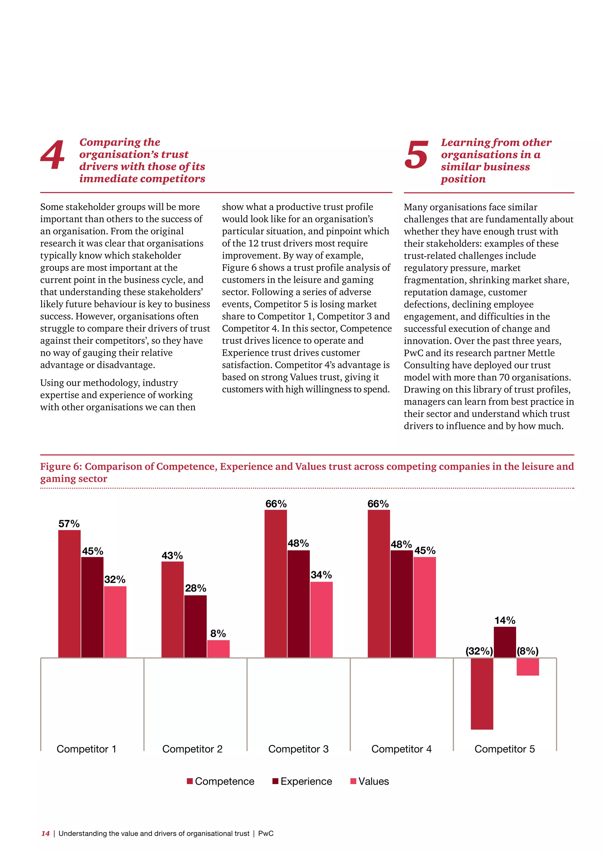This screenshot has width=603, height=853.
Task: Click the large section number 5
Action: point(416,155)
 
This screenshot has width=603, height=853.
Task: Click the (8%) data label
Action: point(527,651)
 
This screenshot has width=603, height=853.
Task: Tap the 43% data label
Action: point(172,556)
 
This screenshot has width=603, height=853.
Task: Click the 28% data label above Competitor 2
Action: point(196,588)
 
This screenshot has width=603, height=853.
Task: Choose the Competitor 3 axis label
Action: point(298,749)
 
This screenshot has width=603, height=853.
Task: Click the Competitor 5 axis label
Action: point(505,749)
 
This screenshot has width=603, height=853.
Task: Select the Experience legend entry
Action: point(306,781)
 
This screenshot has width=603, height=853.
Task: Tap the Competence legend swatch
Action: point(190,781)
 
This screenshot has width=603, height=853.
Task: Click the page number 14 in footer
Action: point(45,833)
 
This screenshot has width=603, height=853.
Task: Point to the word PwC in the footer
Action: point(266,833)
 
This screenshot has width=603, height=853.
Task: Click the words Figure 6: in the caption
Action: point(61,466)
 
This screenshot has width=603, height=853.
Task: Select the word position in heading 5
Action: point(463,179)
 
